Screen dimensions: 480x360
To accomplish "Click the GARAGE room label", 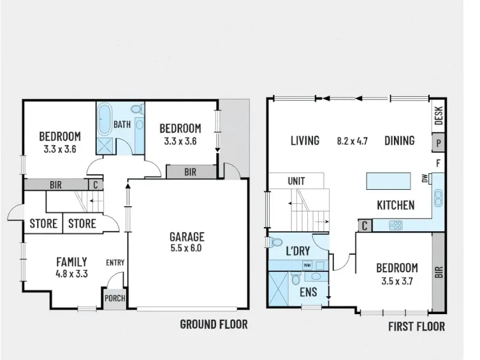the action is [187, 237].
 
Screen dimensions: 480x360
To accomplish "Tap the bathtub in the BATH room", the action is [105, 119].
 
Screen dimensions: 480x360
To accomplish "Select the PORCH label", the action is [115, 298].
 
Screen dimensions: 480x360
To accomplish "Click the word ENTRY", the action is [115, 263].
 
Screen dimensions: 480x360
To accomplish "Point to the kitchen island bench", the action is [388, 181].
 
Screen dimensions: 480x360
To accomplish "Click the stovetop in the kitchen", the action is [396, 226].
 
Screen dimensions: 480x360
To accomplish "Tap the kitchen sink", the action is [438, 198].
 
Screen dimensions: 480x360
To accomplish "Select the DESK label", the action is [439, 115].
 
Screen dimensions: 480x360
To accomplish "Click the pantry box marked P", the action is [439, 143].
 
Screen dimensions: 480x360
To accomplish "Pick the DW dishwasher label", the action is [425, 178].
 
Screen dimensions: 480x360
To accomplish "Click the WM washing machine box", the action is [307, 265].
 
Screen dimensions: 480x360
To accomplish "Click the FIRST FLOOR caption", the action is [416, 326].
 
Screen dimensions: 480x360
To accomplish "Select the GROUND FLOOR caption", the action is [214, 324].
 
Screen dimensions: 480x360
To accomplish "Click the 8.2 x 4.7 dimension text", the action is [352, 141].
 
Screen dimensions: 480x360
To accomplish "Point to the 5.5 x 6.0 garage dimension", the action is [186, 248].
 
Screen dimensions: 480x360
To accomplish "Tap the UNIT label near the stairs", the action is [296, 181].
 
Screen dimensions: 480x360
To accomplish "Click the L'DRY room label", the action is [298, 251].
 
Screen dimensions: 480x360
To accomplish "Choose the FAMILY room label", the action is [71, 262].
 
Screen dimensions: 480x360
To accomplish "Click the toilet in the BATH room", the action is [138, 109].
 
